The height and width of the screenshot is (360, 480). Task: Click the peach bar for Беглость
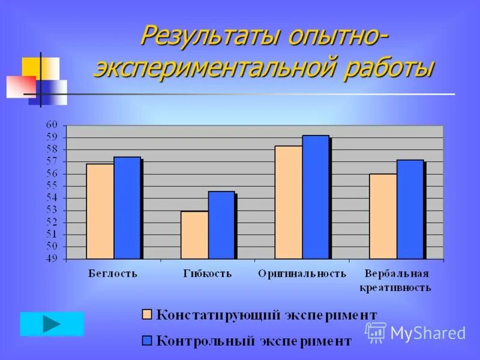[100, 211]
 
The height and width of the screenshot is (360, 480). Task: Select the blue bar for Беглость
[127, 208]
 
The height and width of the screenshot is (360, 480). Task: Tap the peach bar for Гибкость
[194, 235]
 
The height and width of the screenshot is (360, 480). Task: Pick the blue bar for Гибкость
[221, 225]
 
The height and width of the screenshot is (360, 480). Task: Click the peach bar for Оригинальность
[289, 202]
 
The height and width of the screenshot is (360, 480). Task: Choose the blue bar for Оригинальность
[316, 197]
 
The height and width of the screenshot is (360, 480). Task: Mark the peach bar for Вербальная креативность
[383, 217]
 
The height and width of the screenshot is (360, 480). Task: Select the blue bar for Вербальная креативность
[410, 209]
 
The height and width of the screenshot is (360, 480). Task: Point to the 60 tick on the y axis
[52, 125]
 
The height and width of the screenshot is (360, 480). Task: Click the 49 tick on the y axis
[52, 259]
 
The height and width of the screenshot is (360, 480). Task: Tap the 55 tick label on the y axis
[52, 185]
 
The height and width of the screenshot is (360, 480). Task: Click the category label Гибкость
[208, 274]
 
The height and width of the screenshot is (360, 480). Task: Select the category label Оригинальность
[302, 274]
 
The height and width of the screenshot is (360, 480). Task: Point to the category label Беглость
[113, 274]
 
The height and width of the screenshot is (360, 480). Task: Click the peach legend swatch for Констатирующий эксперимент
[147, 314]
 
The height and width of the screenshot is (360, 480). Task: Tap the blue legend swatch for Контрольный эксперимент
[147, 340]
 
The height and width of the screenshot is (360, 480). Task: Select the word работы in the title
[388, 68]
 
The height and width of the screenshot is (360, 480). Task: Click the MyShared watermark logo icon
[376, 332]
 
